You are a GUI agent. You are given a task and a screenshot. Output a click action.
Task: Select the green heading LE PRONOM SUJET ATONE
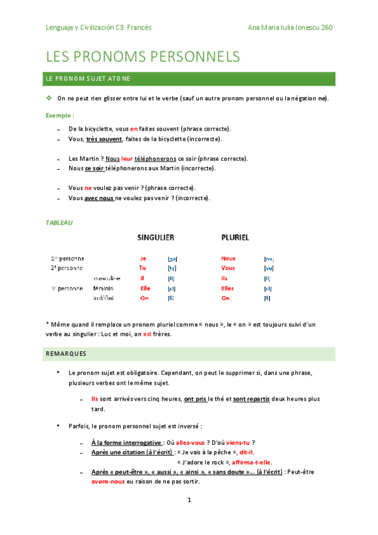tap(88, 79)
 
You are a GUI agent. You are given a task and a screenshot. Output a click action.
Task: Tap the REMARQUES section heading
tap(66, 353)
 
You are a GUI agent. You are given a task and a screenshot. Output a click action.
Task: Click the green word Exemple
tap(59, 115)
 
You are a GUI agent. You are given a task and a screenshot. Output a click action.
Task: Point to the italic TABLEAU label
tap(59, 222)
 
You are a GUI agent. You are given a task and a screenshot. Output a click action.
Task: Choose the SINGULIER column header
tap(156, 238)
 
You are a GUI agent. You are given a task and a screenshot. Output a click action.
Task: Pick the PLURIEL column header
tap(235, 238)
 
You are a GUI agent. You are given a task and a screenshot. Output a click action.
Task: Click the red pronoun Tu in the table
tap(142, 268)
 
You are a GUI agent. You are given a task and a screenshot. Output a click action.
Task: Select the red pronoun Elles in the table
tap(228, 288)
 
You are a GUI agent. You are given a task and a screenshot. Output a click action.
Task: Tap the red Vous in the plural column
tap(228, 268)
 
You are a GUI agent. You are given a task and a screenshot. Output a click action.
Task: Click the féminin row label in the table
tap(103, 288)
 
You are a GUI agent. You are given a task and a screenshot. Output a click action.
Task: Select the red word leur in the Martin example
tap(127, 158)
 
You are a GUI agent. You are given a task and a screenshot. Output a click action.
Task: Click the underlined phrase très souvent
tap(104, 139)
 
